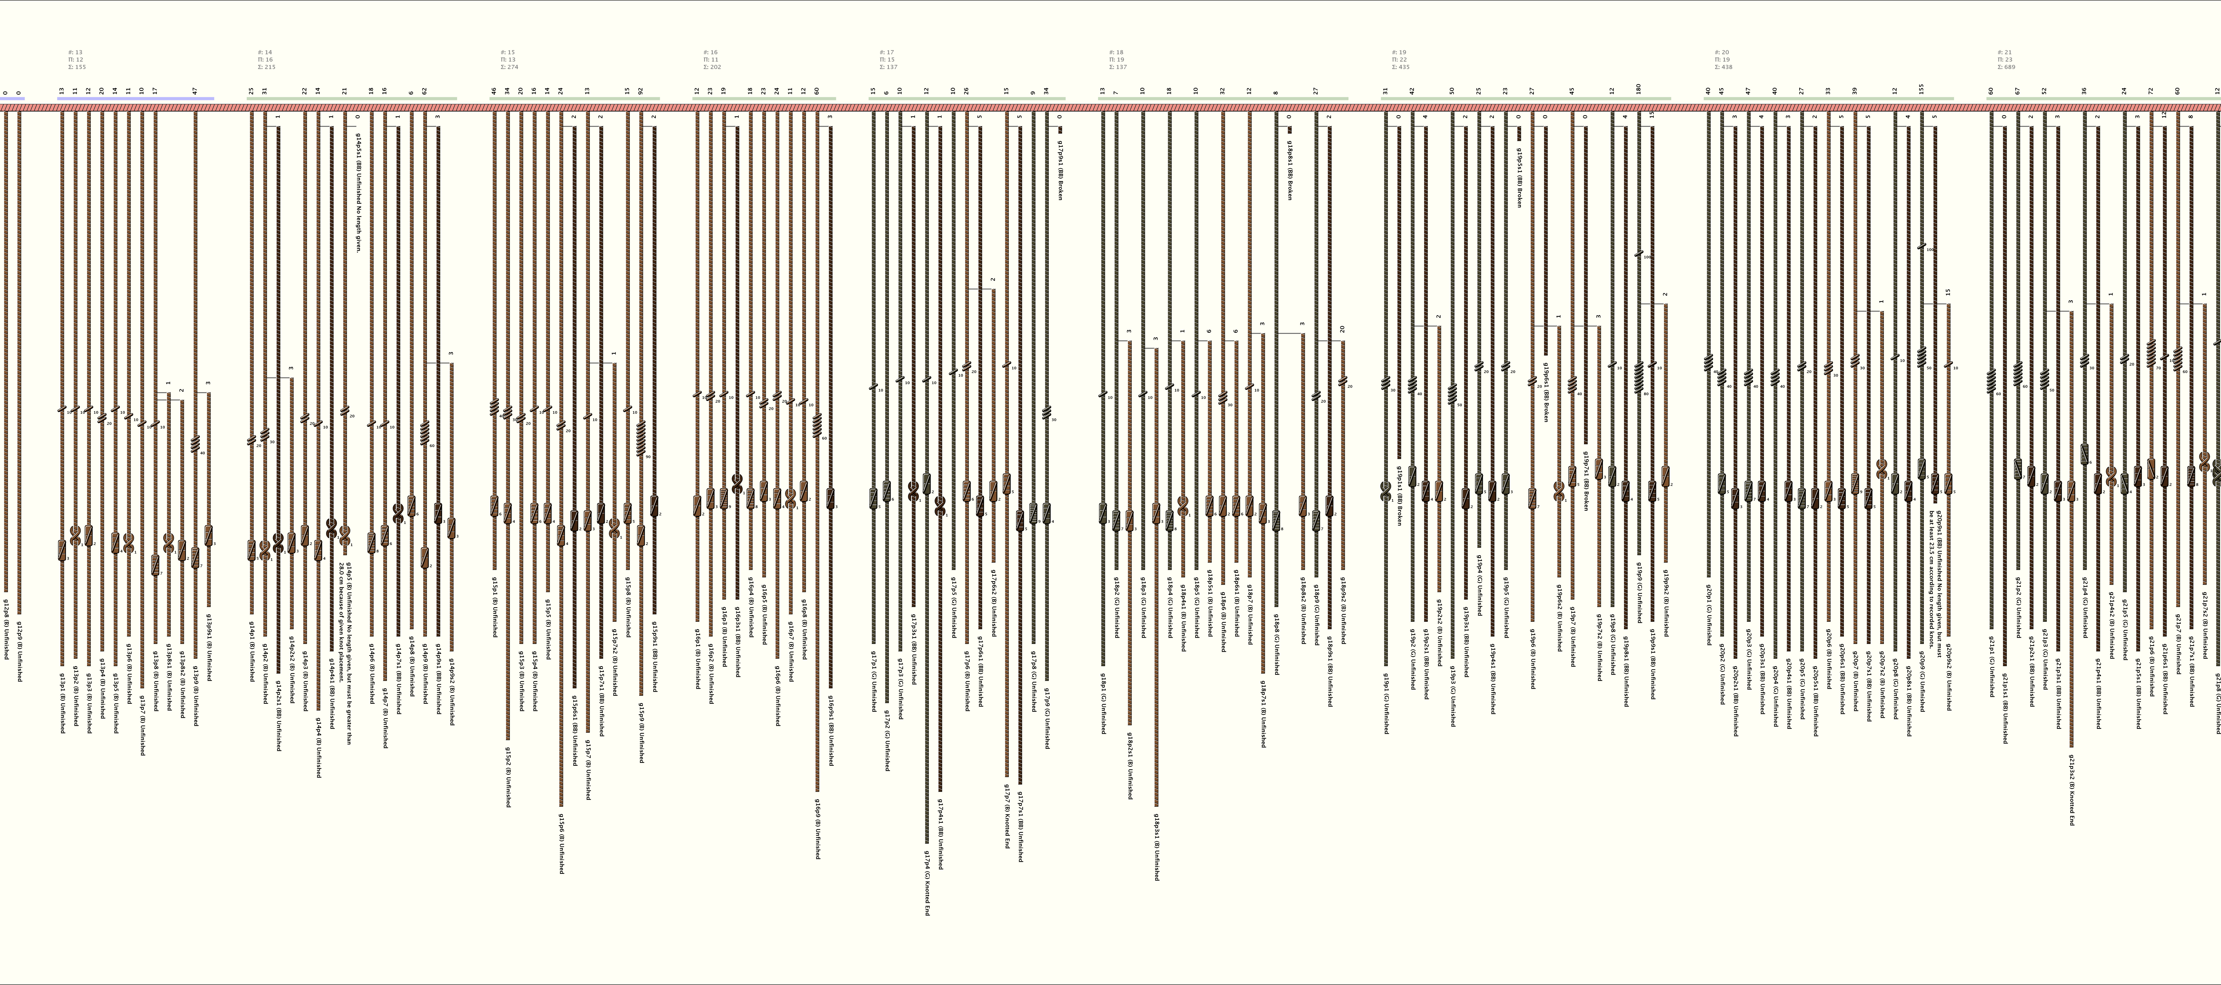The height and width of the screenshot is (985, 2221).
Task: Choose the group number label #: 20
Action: (x=1722, y=53)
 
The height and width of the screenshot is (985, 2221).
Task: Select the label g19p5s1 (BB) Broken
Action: (x=1518, y=177)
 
